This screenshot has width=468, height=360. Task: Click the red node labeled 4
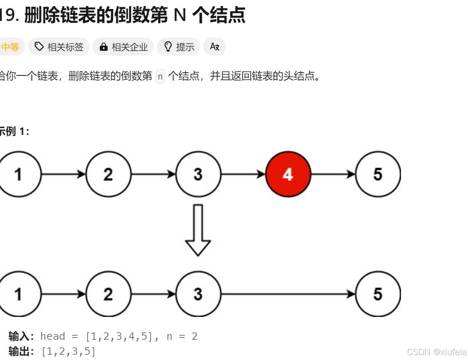pyautogui.click(x=288, y=174)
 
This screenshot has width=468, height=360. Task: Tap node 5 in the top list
pyautogui.click(x=378, y=174)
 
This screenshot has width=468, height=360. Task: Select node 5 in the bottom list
pyautogui.click(x=378, y=294)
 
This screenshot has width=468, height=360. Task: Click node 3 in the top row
pyautogui.click(x=198, y=174)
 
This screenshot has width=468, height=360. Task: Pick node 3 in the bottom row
pyautogui.click(x=198, y=294)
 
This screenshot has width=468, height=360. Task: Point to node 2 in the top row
pyautogui.click(x=108, y=174)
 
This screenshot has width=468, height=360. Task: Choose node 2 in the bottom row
pyautogui.click(x=108, y=294)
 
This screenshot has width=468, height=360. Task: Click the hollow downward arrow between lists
pyautogui.click(x=198, y=230)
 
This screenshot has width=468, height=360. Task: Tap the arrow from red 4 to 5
pyautogui.click(x=333, y=174)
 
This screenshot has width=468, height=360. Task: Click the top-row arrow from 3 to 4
pyautogui.click(x=243, y=174)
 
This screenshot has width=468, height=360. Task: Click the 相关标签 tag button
pyautogui.click(x=59, y=47)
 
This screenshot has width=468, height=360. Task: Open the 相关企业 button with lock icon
pyautogui.click(x=123, y=47)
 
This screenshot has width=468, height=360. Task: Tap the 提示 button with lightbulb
pyautogui.click(x=179, y=47)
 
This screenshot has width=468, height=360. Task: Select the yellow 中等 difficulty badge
pyautogui.click(x=10, y=47)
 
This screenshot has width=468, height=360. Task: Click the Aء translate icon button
pyautogui.click(x=215, y=47)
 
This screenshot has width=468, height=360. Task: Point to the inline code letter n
pyautogui.click(x=160, y=76)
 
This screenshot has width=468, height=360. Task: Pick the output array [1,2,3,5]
pyautogui.click(x=69, y=351)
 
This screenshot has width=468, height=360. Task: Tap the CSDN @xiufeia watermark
pyautogui.click(x=437, y=352)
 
